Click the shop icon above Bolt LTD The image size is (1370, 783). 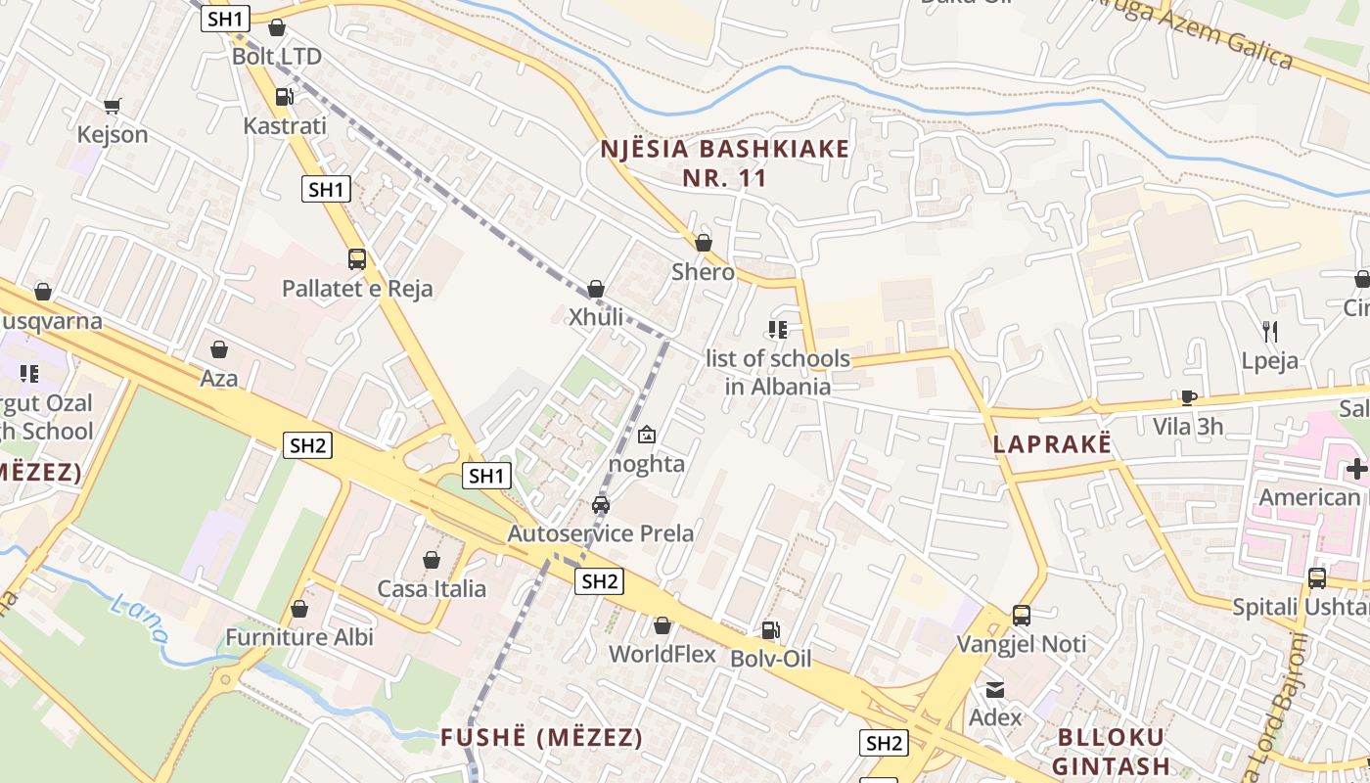277,27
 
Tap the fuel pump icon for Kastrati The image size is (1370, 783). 284,96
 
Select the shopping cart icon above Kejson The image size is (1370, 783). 113,106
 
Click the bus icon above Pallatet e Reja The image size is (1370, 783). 357,259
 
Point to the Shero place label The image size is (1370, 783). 703,271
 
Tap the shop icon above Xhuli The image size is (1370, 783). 596,289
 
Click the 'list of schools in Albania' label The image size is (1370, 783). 778,372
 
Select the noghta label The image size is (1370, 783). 647,463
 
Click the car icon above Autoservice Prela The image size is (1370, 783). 601,505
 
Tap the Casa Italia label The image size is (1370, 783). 432,588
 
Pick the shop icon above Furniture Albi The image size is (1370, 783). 299,609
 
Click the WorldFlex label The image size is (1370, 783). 662,654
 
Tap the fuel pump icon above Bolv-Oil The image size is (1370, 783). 771,630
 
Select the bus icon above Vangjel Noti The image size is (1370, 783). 1022,616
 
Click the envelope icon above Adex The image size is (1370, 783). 995,689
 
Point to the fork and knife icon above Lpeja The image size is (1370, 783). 1270,331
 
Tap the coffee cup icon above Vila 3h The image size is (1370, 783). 1188,397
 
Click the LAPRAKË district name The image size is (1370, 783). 1052,443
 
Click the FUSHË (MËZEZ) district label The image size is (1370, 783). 541,737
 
